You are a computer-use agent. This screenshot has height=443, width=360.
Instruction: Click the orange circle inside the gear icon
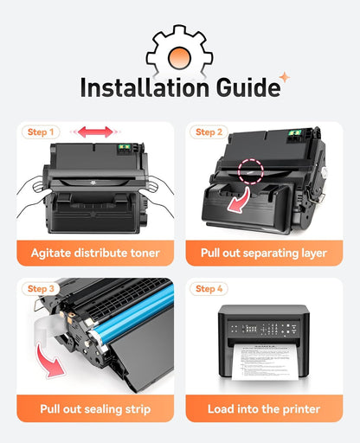tap(179, 57)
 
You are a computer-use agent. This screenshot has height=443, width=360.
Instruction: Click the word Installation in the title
tap(145, 87)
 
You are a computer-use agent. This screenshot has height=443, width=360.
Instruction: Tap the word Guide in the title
tap(248, 87)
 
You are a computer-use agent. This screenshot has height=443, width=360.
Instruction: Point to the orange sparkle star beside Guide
tap(285, 77)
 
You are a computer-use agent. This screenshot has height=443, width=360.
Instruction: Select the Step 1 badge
tap(41, 132)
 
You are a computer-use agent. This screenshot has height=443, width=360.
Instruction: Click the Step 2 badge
tap(209, 132)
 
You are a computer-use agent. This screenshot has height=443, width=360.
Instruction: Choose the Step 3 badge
tap(41, 289)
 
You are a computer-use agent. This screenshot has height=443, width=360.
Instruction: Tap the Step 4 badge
tap(209, 289)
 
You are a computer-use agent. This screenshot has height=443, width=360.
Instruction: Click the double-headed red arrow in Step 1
tap(95, 132)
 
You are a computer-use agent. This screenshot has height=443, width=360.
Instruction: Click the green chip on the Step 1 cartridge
tap(124, 148)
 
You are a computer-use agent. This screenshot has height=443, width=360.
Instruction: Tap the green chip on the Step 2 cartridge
tap(295, 134)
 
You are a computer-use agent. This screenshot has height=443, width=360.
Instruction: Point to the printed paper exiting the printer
tap(265, 362)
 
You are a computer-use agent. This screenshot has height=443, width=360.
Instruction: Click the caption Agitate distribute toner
tap(95, 253)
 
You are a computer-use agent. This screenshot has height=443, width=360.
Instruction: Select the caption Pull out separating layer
tap(264, 254)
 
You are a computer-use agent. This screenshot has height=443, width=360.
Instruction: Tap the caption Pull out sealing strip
tap(95, 409)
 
